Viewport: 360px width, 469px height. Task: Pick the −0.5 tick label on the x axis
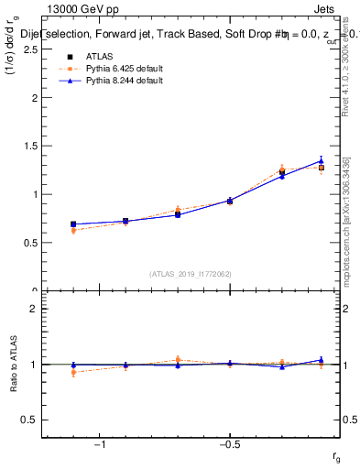pos(228,444)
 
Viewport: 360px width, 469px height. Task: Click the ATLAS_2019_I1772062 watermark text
pos(191,273)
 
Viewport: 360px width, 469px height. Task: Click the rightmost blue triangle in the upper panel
pos(321,161)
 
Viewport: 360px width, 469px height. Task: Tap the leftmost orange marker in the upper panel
pos(73,231)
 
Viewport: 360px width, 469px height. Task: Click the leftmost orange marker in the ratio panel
pos(73,372)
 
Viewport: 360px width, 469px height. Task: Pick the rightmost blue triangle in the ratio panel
pos(321,360)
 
